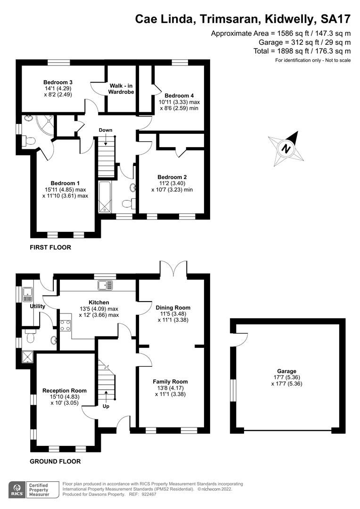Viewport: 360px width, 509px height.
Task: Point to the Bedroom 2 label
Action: (x=172, y=177)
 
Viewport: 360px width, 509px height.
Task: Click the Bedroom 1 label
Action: (x=65, y=183)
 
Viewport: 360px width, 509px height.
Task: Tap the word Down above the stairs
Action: (x=106, y=130)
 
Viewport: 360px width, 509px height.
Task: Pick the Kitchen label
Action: (x=99, y=303)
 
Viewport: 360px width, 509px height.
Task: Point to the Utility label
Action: (x=37, y=306)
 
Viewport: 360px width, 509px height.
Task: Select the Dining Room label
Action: (x=172, y=307)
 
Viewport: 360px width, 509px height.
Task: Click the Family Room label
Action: (x=170, y=382)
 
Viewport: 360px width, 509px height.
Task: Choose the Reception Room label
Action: (x=65, y=391)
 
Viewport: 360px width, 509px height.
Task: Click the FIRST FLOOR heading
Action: (x=50, y=247)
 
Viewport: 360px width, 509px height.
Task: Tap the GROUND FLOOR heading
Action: (x=55, y=461)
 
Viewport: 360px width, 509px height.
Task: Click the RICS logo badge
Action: (x=19, y=489)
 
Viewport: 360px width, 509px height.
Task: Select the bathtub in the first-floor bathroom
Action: (x=104, y=197)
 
